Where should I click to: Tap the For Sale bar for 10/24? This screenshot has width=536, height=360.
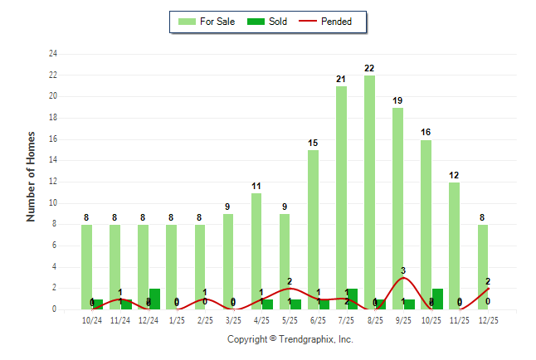(x=86, y=266)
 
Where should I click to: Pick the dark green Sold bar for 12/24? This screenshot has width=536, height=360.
(x=155, y=299)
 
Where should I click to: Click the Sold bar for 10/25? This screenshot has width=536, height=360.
(x=437, y=299)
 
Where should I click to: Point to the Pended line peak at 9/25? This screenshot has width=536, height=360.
(x=403, y=278)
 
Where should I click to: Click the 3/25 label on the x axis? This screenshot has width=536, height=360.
(x=233, y=321)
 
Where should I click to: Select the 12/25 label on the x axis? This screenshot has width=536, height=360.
(x=488, y=321)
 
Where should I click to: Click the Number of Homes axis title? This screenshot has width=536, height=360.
(x=32, y=176)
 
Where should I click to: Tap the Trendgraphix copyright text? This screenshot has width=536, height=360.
(x=290, y=339)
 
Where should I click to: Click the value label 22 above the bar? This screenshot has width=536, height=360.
(x=369, y=68)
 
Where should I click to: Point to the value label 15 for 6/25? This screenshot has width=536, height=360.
(x=313, y=143)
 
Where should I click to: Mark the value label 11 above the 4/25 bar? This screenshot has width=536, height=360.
(x=256, y=186)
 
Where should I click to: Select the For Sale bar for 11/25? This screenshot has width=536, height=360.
(x=454, y=246)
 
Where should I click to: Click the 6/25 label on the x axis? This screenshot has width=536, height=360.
(x=318, y=321)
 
